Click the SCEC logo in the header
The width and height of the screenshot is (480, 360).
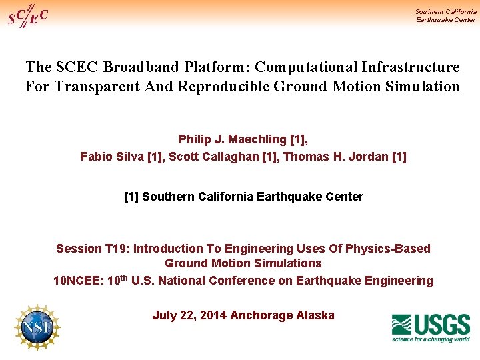[x=27, y=15]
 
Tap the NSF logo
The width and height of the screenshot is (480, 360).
[x=37, y=327]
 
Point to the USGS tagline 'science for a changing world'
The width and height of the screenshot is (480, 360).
[x=431, y=339]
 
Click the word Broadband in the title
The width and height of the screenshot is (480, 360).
[x=142, y=67]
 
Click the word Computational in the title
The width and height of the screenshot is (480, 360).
[x=306, y=67]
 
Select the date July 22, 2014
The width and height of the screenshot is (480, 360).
[x=189, y=315]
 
